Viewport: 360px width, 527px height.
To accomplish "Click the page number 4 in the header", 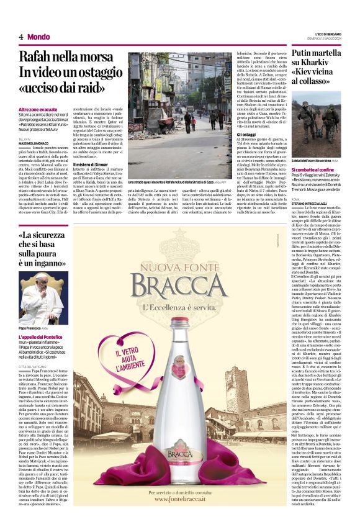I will tap(20, 37).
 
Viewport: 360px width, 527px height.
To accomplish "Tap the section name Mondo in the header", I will tap(38, 37).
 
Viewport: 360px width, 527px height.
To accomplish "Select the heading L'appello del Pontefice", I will tap(44, 337).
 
